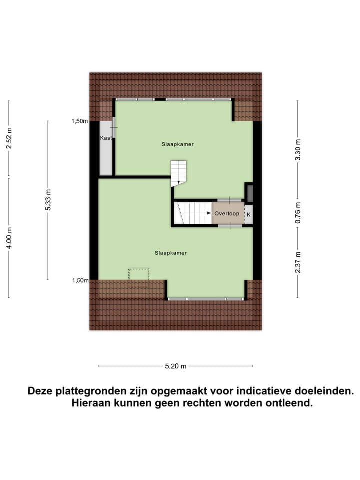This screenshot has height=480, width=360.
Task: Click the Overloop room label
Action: [x=228, y=214]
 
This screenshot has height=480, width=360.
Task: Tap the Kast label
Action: [x=105, y=138]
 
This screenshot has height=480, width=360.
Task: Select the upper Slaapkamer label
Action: [x=177, y=144]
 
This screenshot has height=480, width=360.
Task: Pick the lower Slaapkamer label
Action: [x=171, y=253]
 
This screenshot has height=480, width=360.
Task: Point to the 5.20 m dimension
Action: [x=176, y=366]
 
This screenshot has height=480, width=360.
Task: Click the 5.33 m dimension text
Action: [x=48, y=200]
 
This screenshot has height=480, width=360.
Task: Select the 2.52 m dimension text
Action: [x=9, y=138]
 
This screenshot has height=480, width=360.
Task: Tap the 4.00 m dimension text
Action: [x=9, y=237]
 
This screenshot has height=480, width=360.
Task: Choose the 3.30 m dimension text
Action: [x=298, y=149]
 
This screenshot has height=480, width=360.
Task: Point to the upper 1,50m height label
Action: [x=79, y=121]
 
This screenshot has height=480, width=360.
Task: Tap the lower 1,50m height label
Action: [x=79, y=280]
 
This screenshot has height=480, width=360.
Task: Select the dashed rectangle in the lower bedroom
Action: [x=139, y=274]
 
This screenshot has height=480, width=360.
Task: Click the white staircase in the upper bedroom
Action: [x=179, y=172]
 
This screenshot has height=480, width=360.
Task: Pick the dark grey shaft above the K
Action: [x=250, y=193]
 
